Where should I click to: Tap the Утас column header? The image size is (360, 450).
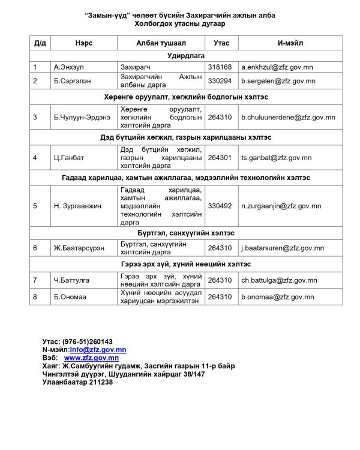pos(221,43)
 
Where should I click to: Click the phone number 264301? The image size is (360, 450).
pos(220,158)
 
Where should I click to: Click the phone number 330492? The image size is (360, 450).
pos(220,206)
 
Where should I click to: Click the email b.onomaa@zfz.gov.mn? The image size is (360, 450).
pos(277,296)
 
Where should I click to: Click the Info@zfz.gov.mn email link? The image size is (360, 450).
pos(98,350)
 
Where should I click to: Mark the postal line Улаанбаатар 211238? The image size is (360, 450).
pos(77,382)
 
